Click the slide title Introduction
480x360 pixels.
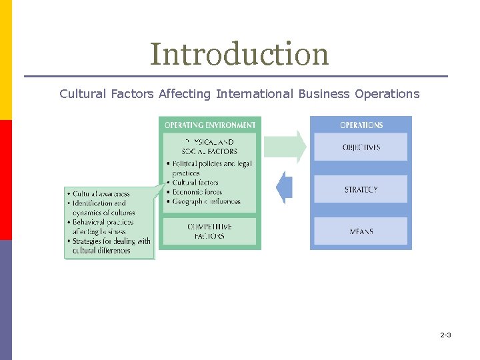point(239,54)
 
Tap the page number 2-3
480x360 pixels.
point(445,335)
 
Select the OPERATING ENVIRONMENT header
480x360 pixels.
point(210,125)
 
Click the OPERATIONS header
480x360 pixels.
point(361,125)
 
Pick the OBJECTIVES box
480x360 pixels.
point(361,147)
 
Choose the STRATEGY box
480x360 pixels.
point(361,189)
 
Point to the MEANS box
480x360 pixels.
point(361,231)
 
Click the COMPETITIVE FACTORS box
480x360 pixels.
point(210,231)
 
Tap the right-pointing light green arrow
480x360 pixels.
point(285,147)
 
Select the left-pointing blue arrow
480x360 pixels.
point(285,188)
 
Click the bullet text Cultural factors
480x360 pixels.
point(195,183)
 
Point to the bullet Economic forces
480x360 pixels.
point(197,192)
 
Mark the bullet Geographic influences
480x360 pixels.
point(207,201)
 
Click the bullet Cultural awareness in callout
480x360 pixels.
point(101,194)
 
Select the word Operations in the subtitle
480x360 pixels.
point(387,94)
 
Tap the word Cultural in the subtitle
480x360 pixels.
point(82,94)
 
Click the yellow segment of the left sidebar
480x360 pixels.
point(5,60)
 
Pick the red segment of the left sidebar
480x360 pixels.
point(5,180)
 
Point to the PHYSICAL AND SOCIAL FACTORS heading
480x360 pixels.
point(210,147)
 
